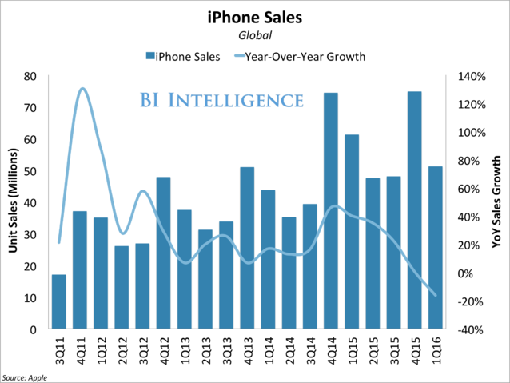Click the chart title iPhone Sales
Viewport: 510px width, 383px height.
(x=254, y=16)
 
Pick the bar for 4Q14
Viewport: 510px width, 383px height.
(x=330, y=211)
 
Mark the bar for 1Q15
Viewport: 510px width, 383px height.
(x=352, y=232)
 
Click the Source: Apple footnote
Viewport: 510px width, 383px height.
(x=23, y=377)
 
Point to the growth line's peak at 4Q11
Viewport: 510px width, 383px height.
(x=82, y=89)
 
